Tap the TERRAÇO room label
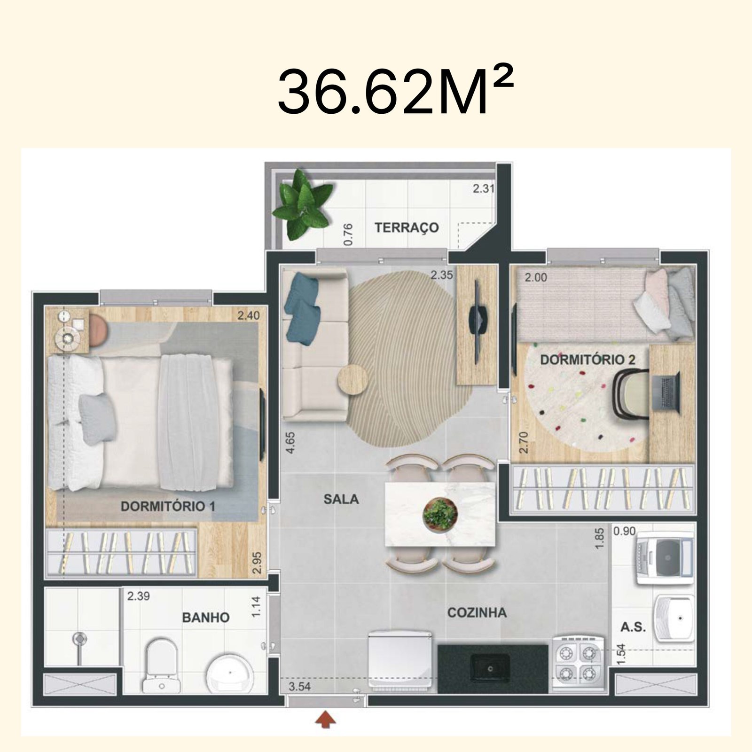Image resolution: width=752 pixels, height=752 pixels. click(407, 227)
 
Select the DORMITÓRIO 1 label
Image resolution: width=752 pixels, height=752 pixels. click(168, 506)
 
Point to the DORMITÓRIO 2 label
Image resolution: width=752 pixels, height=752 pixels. click(587, 360)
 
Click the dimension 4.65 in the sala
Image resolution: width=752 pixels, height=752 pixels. click(290, 442)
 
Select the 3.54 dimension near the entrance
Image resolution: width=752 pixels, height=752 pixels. click(299, 687)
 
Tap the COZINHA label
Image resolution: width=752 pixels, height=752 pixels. click(477, 612)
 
